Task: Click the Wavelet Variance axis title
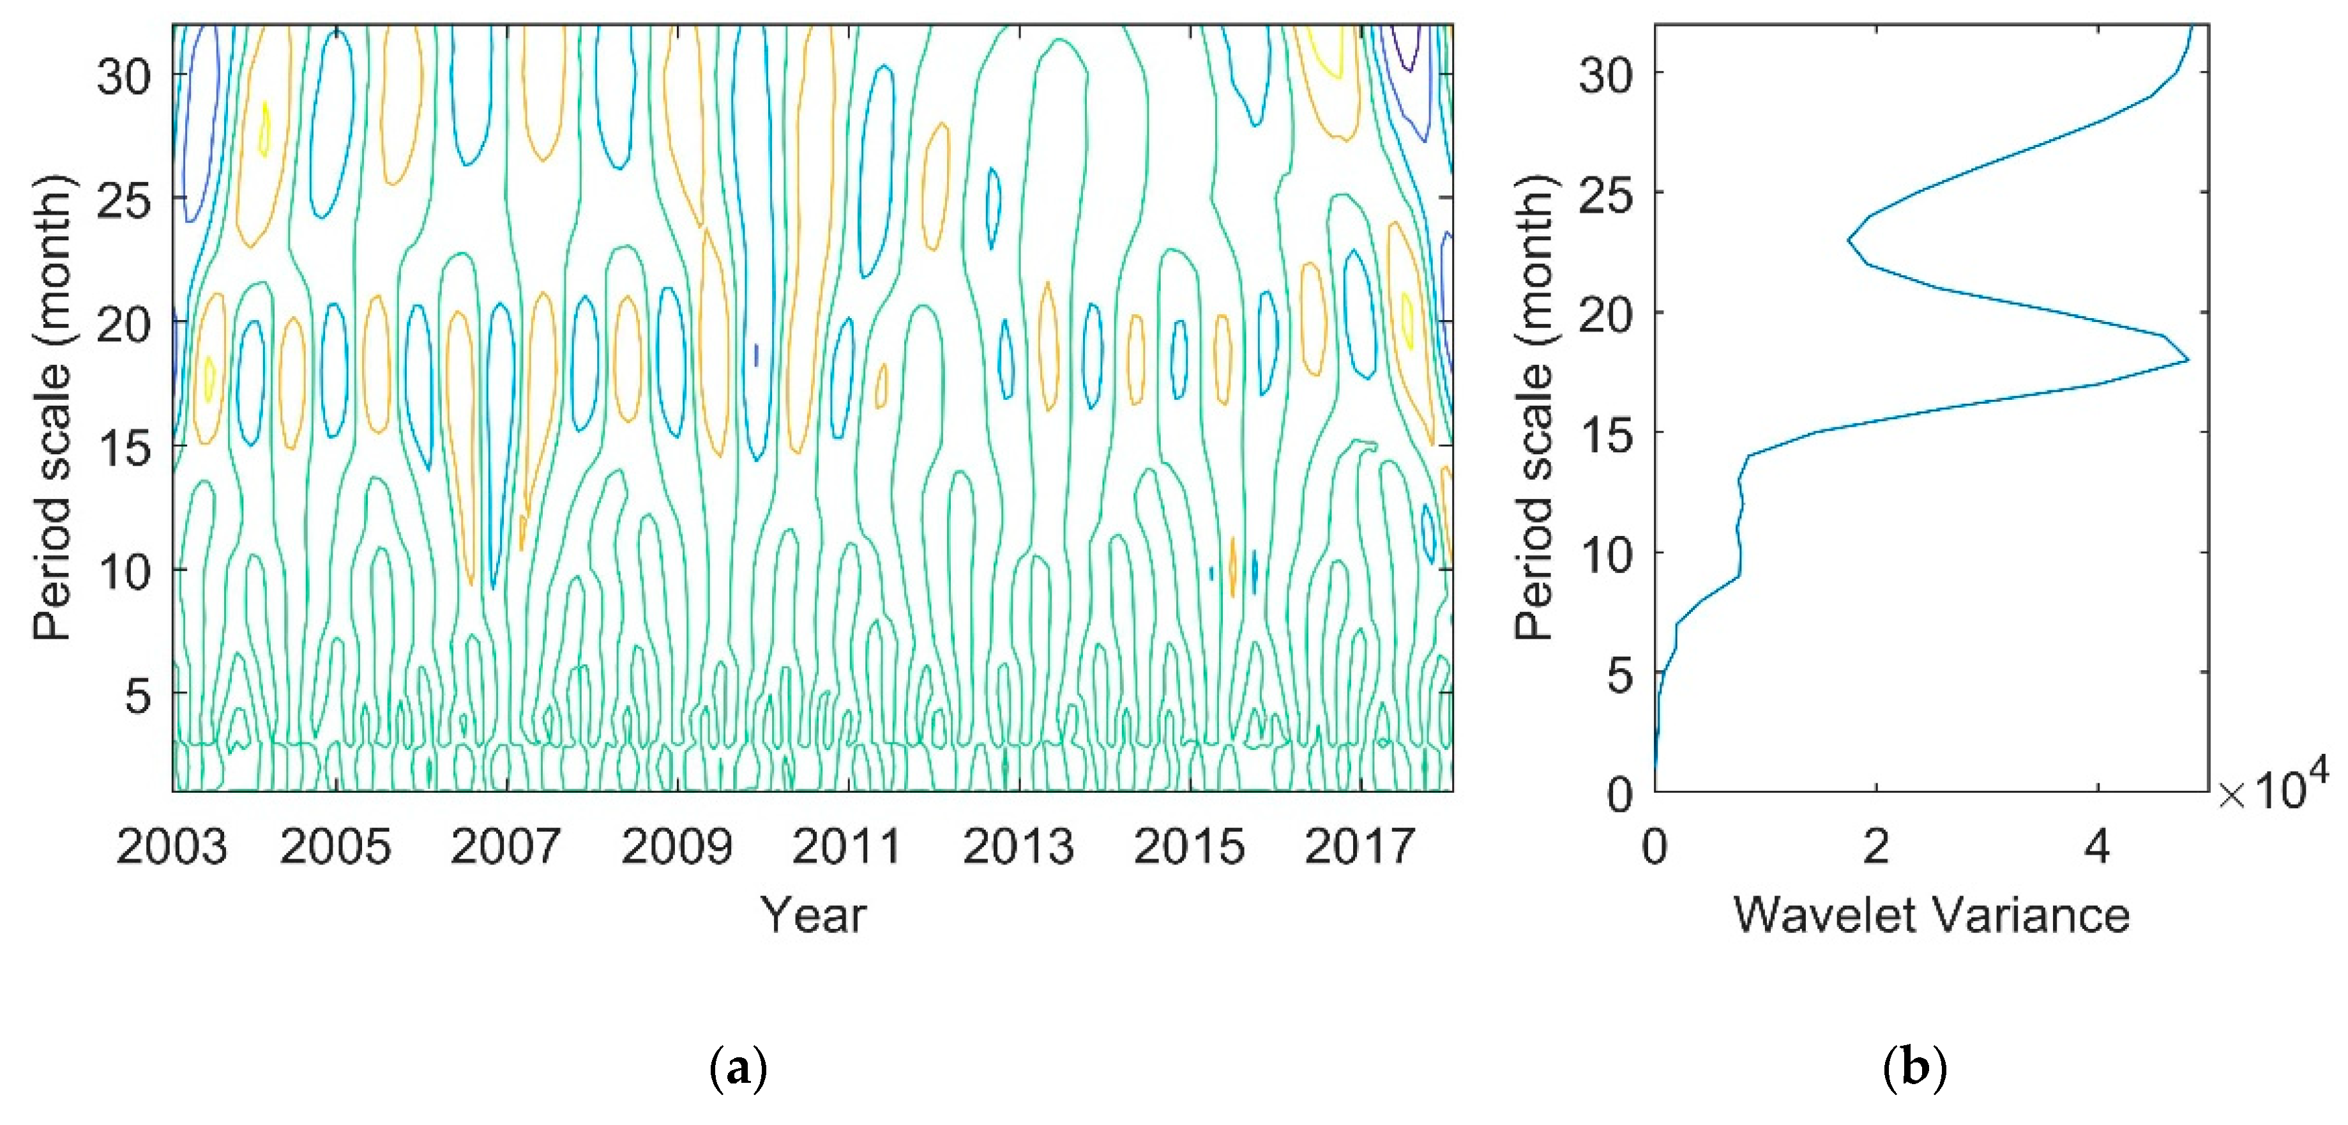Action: point(1930,914)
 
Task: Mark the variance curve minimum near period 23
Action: point(1849,240)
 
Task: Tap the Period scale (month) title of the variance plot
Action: point(1534,408)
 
